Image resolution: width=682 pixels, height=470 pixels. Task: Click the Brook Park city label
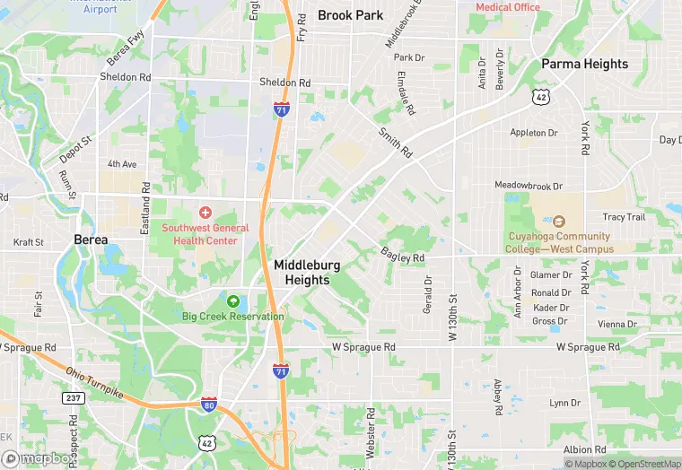coord(350,15)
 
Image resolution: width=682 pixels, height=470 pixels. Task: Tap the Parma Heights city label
coord(584,65)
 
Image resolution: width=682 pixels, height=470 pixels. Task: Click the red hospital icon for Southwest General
coord(205,213)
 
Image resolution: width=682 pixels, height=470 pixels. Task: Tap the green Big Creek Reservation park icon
coord(233,301)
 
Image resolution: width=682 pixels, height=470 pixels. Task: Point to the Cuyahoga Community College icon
coord(558,222)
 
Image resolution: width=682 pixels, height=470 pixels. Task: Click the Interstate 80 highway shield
coord(208,405)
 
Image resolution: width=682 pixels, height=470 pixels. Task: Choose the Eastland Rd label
coord(145,208)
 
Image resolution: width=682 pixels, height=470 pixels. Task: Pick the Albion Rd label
coord(585,449)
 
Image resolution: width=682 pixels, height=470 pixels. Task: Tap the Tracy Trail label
coord(624,217)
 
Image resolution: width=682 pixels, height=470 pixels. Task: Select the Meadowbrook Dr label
coord(529,186)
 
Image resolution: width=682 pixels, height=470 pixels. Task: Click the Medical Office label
coord(508,7)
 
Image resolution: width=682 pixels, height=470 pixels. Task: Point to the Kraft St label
coord(28,242)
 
